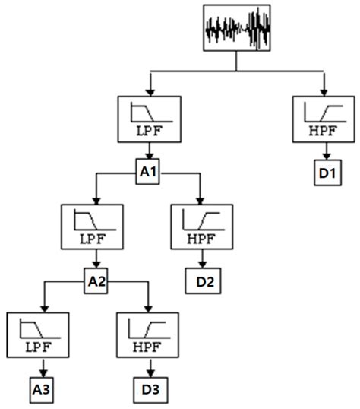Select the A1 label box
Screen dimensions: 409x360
149,173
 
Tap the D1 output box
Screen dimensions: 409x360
327,174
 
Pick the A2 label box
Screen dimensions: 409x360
96,281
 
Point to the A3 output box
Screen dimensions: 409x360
43,392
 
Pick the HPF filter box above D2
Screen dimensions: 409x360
202,229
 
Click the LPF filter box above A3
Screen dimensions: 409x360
37,337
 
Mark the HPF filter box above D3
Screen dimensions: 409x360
148,337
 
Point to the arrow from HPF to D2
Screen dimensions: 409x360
201,262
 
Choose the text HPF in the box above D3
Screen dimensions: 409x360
148,350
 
